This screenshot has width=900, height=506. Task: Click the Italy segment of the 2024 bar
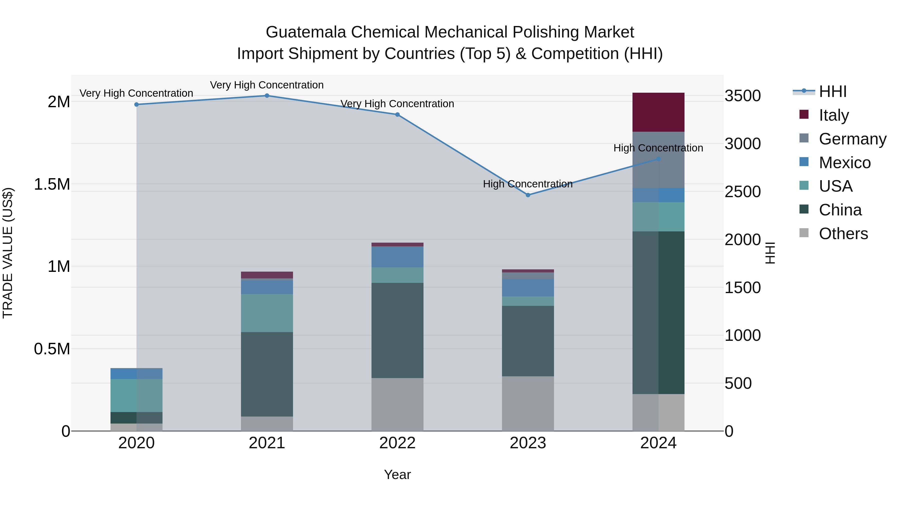(x=658, y=112)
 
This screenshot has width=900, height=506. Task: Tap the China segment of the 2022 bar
(x=397, y=330)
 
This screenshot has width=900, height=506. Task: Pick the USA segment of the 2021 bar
(x=267, y=313)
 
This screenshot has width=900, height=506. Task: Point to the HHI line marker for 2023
(x=528, y=195)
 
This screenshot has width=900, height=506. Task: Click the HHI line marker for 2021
(x=267, y=95)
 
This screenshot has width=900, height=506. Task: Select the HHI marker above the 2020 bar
(x=136, y=104)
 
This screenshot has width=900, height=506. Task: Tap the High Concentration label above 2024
(x=658, y=148)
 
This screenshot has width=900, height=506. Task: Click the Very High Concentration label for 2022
(x=397, y=104)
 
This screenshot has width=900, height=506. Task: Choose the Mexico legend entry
(x=844, y=163)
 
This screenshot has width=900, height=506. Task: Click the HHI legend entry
(x=832, y=91)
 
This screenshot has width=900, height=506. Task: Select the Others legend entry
(x=843, y=234)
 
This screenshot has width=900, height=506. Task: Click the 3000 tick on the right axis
(x=742, y=143)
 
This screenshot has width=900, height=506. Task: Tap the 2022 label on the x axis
(x=397, y=443)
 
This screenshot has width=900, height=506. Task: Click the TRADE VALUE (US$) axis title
(x=8, y=253)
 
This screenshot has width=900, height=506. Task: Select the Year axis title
(x=397, y=475)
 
